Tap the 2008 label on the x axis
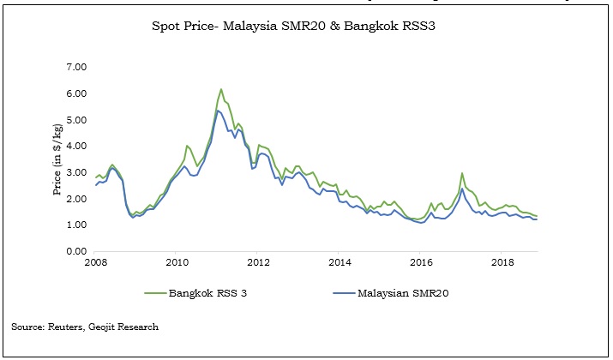click(x=96, y=263)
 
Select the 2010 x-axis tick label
click(x=177, y=263)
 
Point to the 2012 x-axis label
click(x=258, y=263)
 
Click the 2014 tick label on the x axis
click(x=340, y=263)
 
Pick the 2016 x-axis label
click(x=420, y=263)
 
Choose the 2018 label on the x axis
click(x=502, y=263)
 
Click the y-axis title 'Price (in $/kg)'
click(x=57, y=159)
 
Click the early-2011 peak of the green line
click(x=221, y=89)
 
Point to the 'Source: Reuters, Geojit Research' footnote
click(x=85, y=327)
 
